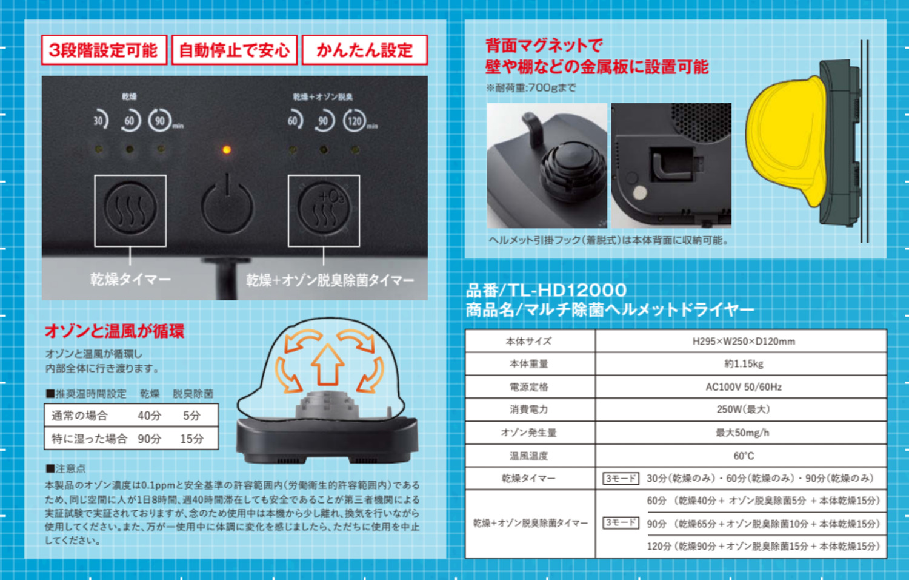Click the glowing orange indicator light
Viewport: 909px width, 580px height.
(227, 150)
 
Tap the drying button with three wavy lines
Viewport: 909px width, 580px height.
(130, 207)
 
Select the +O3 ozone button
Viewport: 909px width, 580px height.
(324, 207)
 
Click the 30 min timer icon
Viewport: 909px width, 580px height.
(100, 120)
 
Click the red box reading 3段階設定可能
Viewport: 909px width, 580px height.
(104, 50)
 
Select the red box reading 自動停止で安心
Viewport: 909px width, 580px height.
(235, 50)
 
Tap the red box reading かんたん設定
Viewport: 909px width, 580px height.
(365, 50)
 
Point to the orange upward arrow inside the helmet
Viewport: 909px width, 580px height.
(327, 365)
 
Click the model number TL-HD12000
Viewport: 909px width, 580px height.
(567, 290)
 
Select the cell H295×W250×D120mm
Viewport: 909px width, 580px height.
(743, 341)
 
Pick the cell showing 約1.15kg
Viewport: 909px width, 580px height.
(743, 363)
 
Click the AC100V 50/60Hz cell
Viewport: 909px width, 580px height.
(743, 386)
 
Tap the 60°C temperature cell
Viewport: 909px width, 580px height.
(743, 456)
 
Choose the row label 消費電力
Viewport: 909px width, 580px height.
(529, 410)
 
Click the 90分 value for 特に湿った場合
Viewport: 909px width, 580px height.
(149, 439)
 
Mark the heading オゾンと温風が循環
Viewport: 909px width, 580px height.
(115, 331)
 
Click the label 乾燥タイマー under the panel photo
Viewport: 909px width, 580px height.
(130, 279)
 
